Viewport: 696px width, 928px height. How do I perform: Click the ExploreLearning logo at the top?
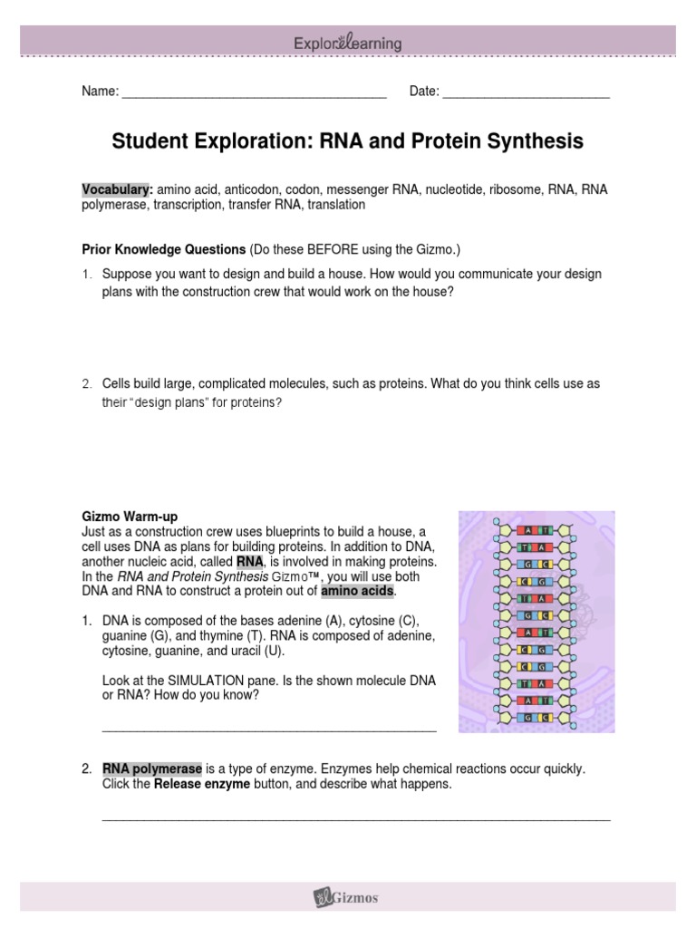click(348, 43)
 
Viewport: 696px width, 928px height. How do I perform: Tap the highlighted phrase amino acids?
click(358, 591)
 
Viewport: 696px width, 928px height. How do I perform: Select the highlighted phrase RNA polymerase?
click(151, 768)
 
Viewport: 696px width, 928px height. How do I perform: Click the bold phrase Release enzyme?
click(201, 784)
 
